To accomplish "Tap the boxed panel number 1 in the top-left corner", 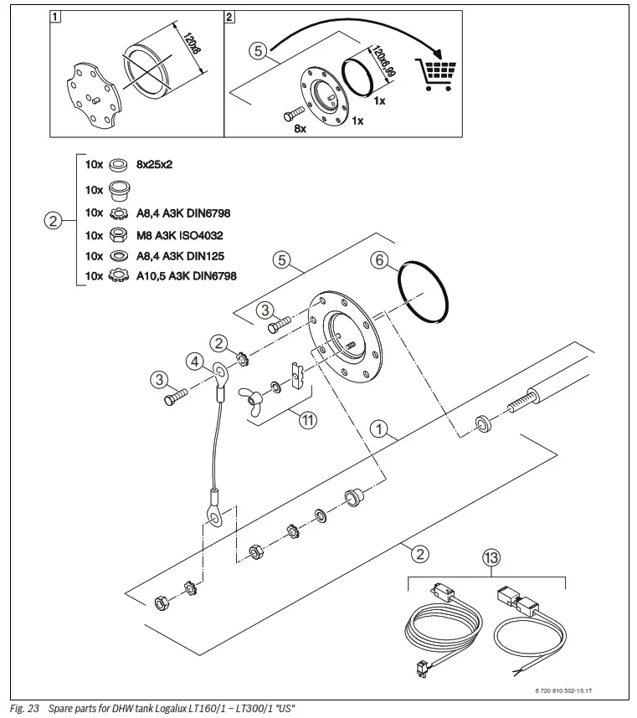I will pos(54,16).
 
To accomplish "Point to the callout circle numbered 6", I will pos(380,260).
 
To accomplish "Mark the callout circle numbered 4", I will pos(194,362).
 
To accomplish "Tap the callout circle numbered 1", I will pos(381,431).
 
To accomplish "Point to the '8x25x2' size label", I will pos(154,166).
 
